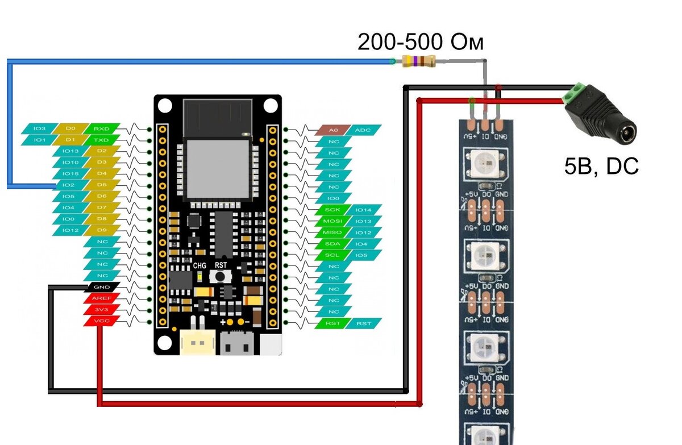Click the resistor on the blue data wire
tap(418, 61)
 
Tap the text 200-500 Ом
tap(421, 42)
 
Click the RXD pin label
tap(102, 128)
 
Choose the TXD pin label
tap(102, 140)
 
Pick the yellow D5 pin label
tap(102, 185)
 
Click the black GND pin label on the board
tap(102, 287)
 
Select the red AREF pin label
tap(102, 298)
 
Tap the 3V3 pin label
tap(102, 310)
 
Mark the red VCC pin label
tap(102, 321)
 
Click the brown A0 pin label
tap(334, 130)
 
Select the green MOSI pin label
tap(332, 221)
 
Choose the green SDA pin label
tap(332, 244)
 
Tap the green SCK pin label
tap(332, 210)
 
